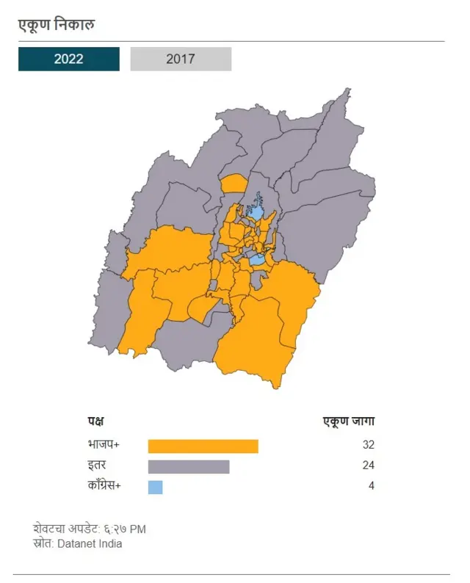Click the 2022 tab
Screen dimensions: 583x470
[x=68, y=59]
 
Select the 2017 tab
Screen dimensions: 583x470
[x=181, y=59]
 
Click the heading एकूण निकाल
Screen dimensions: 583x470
[x=57, y=26]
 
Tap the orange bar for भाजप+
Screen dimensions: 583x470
[x=203, y=446]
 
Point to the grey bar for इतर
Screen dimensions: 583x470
[x=189, y=466]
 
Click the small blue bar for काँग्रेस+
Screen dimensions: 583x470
[x=155, y=487]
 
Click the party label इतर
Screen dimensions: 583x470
[x=96, y=466]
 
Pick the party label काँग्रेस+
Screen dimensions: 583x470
[x=106, y=486]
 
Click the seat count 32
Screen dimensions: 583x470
[x=368, y=445]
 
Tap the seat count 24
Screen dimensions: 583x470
[x=368, y=466]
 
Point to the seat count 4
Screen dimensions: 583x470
[x=371, y=486]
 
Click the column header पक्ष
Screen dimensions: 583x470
[x=95, y=421]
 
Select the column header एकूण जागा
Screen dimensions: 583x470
[x=349, y=421]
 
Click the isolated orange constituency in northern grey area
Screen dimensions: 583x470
[x=234, y=183]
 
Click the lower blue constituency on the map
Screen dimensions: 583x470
[x=256, y=260]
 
